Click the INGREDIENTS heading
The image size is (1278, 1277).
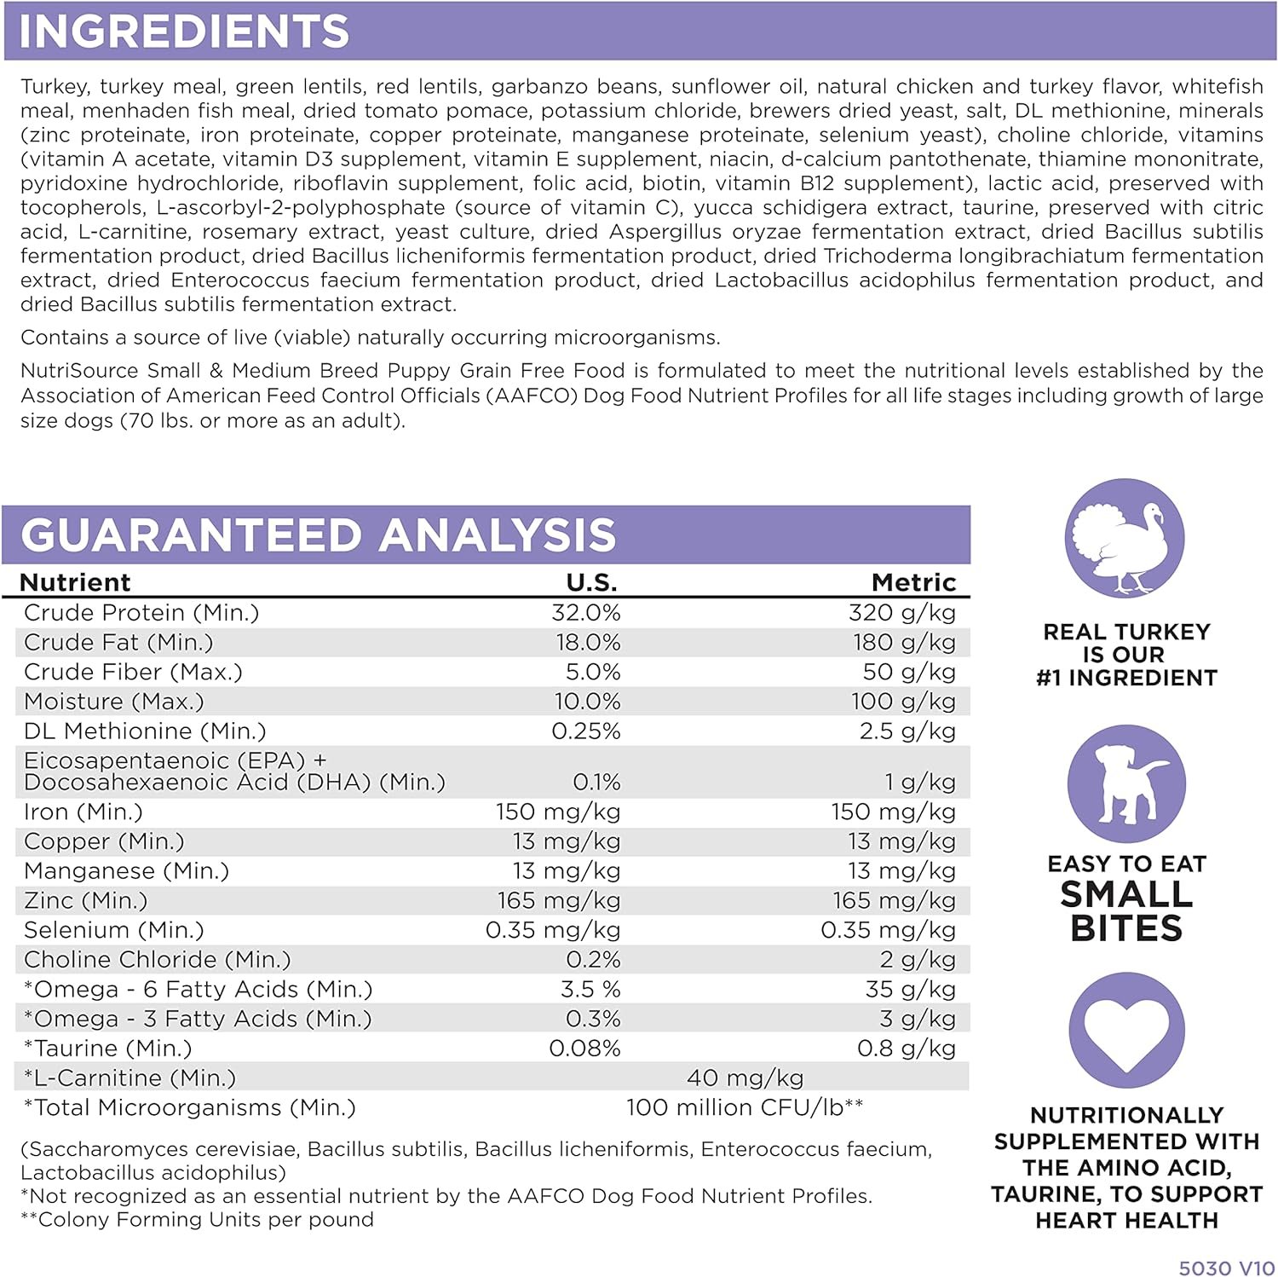click(x=184, y=32)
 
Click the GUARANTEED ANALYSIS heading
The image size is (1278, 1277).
click(x=318, y=535)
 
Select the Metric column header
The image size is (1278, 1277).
click(x=913, y=582)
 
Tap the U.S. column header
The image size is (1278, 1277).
click(x=591, y=582)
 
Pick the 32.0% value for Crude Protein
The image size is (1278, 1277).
click(x=586, y=613)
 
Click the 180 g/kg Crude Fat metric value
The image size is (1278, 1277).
click(x=904, y=643)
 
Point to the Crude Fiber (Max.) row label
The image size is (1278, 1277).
click(x=133, y=673)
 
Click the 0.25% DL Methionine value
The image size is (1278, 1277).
click(x=586, y=731)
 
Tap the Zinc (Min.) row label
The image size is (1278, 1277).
click(x=85, y=901)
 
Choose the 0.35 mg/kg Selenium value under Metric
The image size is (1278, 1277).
click(x=888, y=930)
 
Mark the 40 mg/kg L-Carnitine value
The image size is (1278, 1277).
click(x=745, y=1078)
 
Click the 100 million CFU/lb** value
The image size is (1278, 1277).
click(x=745, y=1108)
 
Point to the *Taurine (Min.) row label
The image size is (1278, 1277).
click(x=108, y=1049)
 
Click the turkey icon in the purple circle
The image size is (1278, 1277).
click(x=1125, y=540)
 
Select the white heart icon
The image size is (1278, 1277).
click(x=1126, y=1031)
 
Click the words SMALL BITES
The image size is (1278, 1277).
click(x=1126, y=911)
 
